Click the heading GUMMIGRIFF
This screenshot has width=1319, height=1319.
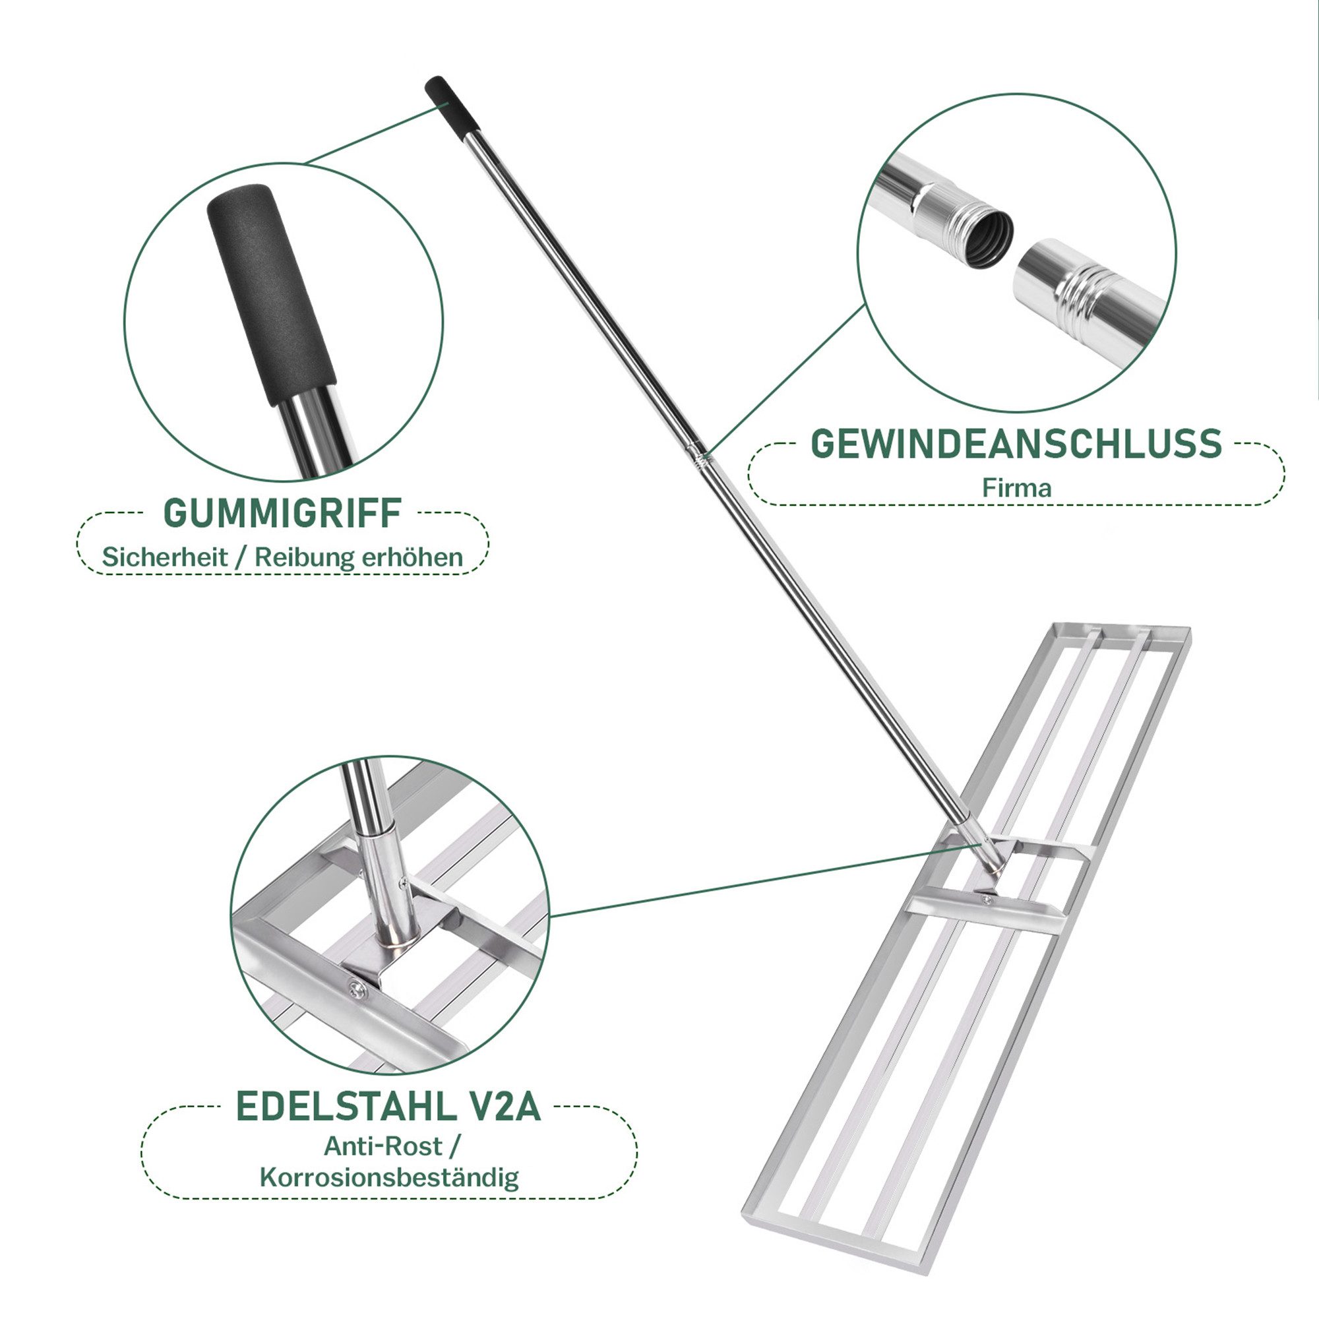coord(283,513)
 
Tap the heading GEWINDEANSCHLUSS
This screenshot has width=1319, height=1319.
coord(1016,444)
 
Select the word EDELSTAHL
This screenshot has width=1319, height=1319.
coord(346,1107)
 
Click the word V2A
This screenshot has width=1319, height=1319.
coord(505,1107)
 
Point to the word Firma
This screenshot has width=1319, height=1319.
coord(1016,487)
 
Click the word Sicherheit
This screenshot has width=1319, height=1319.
coord(164,557)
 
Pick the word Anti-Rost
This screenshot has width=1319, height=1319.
coord(383,1146)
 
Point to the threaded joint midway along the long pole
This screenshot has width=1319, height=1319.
coord(698,456)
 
